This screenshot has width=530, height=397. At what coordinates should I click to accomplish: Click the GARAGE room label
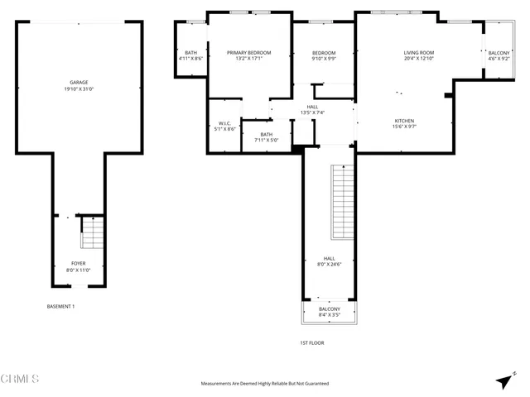(x=79, y=83)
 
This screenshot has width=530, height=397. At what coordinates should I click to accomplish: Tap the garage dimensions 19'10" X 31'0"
(x=79, y=89)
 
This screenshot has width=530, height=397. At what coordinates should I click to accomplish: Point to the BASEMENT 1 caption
(x=60, y=307)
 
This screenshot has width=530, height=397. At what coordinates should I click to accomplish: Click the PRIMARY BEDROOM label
(x=248, y=52)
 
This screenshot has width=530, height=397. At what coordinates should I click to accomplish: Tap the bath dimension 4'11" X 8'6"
(x=190, y=59)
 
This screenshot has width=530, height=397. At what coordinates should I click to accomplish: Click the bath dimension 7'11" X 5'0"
(x=266, y=140)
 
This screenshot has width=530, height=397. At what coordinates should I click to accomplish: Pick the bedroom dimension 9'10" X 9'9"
(x=323, y=59)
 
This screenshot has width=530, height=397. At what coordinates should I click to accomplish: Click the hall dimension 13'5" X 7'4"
(x=312, y=112)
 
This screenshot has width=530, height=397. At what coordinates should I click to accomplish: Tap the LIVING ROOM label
(x=418, y=52)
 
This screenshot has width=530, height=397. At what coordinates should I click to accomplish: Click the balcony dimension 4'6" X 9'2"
(x=499, y=59)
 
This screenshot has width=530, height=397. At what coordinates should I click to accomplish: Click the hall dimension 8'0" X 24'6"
(x=329, y=264)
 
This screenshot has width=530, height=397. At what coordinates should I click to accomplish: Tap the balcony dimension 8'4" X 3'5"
(x=329, y=315)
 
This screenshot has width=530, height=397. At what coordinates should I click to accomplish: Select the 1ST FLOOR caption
(x=313, y=342)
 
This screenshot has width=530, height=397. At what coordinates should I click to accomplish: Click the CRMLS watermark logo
(x=20, y=380)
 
